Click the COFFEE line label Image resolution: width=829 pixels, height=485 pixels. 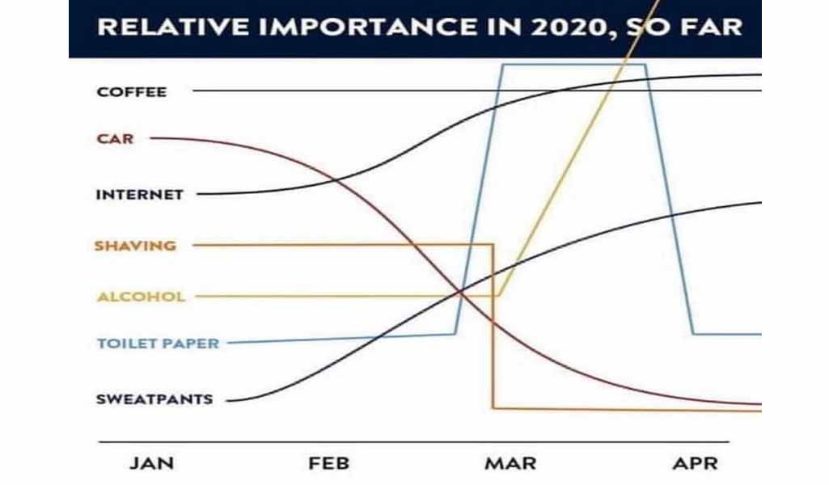click(132, 92)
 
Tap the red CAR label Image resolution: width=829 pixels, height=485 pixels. click(116, 139)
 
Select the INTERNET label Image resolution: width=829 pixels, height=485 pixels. click(140, 195)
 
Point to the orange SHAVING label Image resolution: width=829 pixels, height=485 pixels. click(135, 246)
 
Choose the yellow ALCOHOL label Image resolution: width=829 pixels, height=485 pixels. click(142, 297)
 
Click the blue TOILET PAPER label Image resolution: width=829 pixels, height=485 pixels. click(158, 344)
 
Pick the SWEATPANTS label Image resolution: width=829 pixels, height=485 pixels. click(154, 399)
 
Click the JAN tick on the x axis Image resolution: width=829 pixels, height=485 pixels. click(152, 463)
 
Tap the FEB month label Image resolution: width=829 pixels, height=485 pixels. click(329, 463)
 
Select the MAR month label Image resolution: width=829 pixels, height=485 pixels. click(510, 463)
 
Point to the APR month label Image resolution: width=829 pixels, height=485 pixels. click(696, 463)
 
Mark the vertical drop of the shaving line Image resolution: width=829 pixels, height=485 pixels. click(493, 326)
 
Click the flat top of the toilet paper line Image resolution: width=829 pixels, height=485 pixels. click(573, 65)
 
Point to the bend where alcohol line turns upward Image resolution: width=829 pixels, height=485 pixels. click(498, 296)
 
